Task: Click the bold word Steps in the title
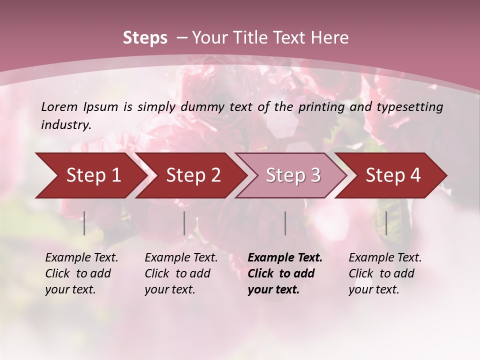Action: click(x=145, y=38)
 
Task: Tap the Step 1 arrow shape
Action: click(x=90, y=175)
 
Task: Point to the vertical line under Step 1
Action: click(x=84, y=223)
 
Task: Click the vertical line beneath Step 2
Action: click(x=184, y=223)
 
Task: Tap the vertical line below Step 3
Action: click(x=285, y=223)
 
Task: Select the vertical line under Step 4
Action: click(x=386, y=223)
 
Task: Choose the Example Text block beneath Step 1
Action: click(x=81, y=273)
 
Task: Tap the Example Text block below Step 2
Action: click(x=181, y=273)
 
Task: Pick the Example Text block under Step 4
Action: click(x=385, y=273)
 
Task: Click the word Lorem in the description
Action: click(x=59, y=106)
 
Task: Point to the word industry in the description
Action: click(x=66, y=125)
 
